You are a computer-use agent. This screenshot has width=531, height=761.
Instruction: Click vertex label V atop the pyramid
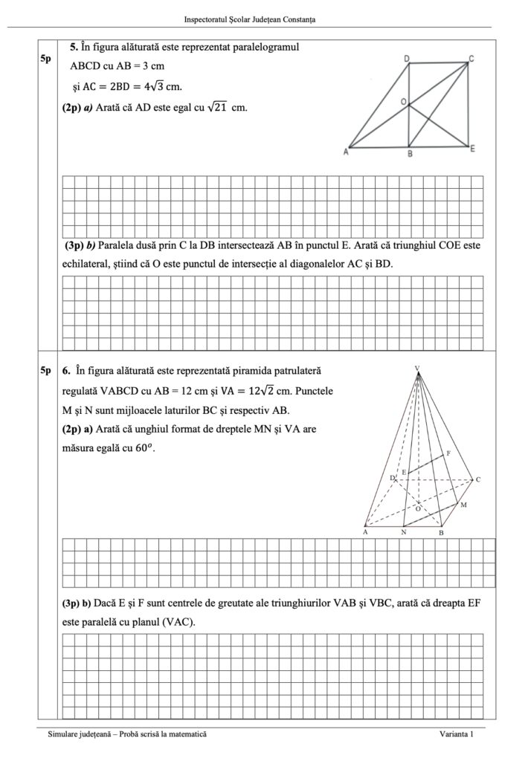(x=417, y=368)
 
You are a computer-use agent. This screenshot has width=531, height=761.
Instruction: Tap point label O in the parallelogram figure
(x=403, y=101)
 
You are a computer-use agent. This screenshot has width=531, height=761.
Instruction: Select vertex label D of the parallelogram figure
(x=406, y=58)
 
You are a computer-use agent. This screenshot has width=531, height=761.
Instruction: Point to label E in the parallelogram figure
(x=472, y=149)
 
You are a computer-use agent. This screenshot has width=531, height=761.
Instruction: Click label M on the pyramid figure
(x=463, y=505)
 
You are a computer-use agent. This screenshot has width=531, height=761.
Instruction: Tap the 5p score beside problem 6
(x=46, y=370)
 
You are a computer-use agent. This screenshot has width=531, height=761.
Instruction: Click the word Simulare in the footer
(x=64, y=734)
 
